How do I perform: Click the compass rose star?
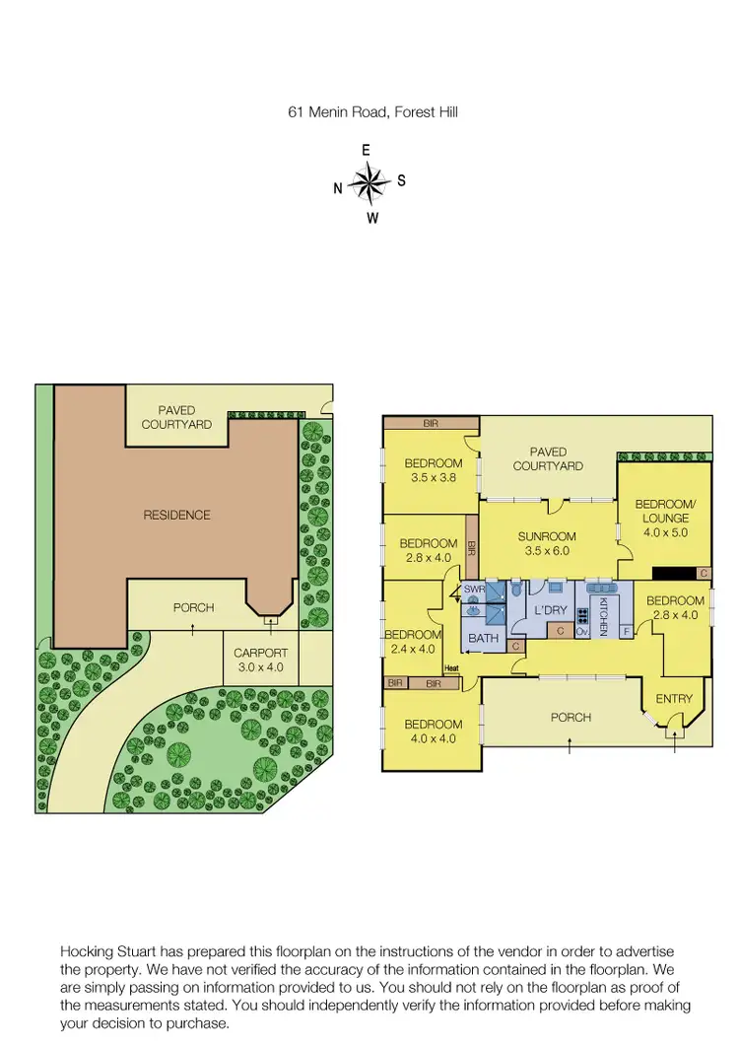coord(369,182)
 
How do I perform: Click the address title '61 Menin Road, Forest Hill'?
coord(372,112)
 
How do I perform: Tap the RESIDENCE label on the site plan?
coord(177,515)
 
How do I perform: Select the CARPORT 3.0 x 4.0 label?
coord(260,660)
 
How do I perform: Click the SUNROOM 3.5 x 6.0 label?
coord(547,543)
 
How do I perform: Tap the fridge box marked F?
coord(626,631)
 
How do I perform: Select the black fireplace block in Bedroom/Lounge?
coord(674,573)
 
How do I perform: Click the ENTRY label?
coord(674,699)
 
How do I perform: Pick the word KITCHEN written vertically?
coord(603,616)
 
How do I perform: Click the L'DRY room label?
coord(547,611)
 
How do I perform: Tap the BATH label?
coord(483,639)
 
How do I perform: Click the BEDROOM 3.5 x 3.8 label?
coord(433,471)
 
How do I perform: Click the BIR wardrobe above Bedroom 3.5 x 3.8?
coord(431,423)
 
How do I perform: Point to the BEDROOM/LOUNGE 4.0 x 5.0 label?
coord(665,518)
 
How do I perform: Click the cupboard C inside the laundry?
coord(560,631)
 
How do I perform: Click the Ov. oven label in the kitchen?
coord(581,631)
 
